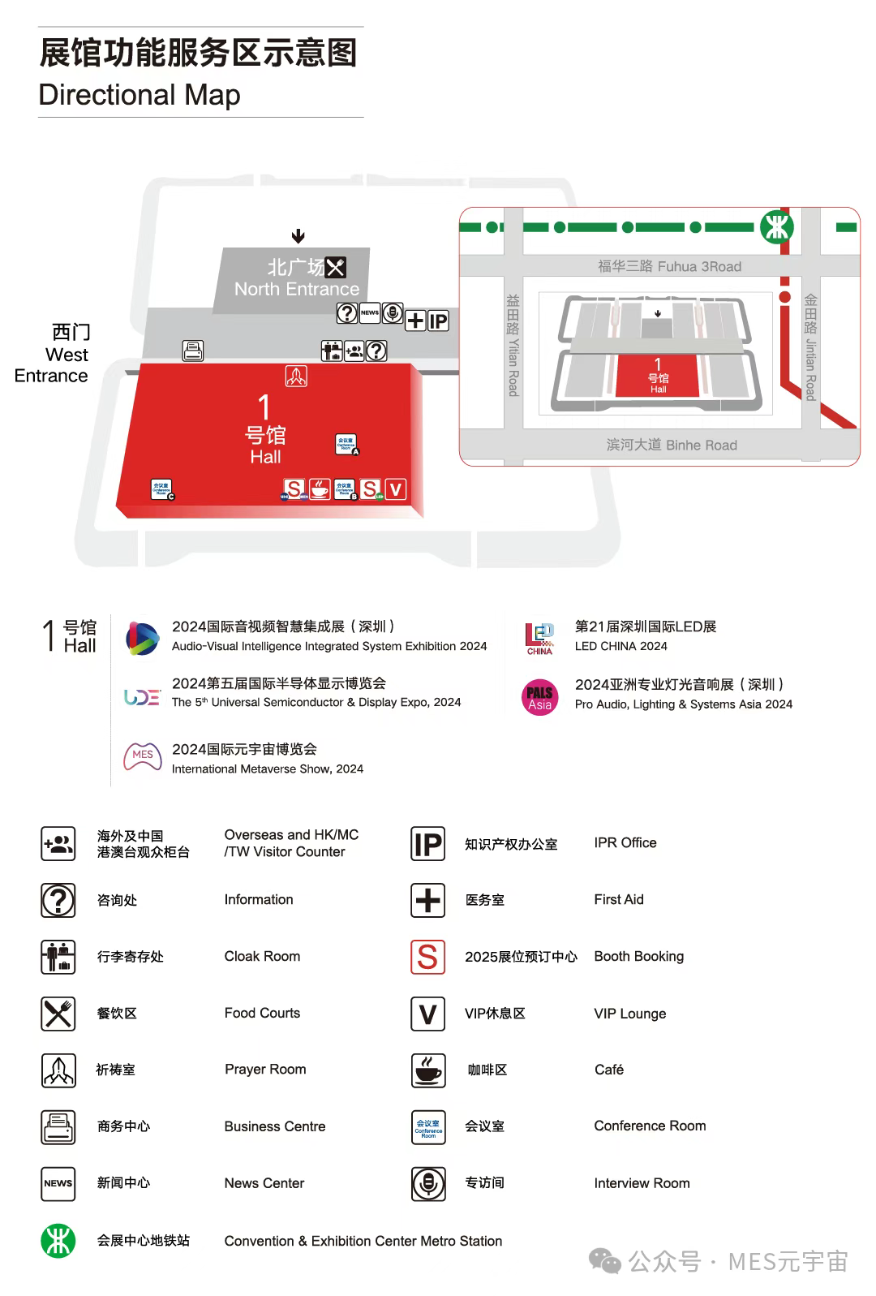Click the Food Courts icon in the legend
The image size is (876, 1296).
coord(58,1014)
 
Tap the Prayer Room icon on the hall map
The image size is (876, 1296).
coord(296,376)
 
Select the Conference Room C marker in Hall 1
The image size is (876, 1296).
coord(161,489)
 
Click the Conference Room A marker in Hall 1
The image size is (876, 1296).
coord(346,444)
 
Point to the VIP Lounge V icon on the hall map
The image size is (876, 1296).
coord(395,489)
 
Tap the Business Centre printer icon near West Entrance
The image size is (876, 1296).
coord(193,351)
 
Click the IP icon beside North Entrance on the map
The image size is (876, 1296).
coord(438,321)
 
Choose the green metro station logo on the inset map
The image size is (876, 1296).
coord(776,227)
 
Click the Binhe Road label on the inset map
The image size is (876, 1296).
coord(672,445)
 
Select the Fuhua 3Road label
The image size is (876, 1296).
coord(669,266)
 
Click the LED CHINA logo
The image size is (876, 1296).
coord(539,638)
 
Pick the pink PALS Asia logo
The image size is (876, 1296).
coord(539,697)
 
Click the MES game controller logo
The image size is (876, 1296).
coord(142,756)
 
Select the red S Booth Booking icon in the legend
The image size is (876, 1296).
coord(427,957)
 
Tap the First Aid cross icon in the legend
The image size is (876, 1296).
coord(427,900)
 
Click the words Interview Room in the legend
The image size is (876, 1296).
coord(642,1183)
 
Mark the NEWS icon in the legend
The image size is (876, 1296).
coord(58,1183)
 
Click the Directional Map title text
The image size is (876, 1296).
coord(140,95)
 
